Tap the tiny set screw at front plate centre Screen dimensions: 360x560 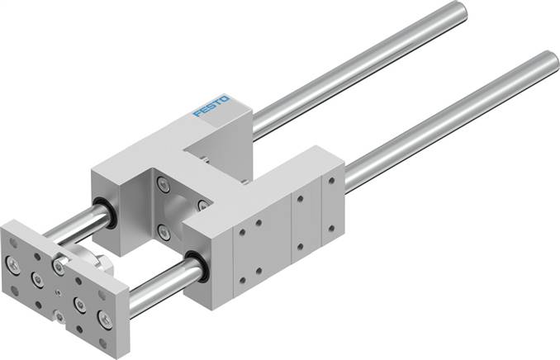click(57, 291)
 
